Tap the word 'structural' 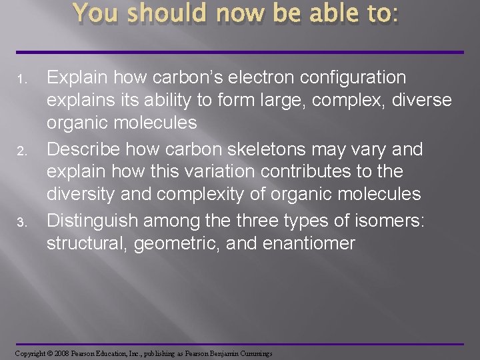[87, 243]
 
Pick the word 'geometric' [177, 243]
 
